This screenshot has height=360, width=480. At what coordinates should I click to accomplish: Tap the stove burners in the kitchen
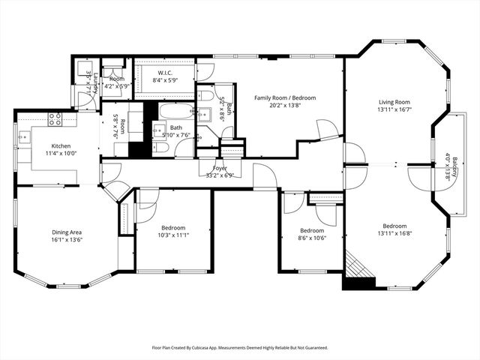[x=55, y=118]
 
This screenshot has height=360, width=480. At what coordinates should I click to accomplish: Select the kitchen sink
[x=23, y=136]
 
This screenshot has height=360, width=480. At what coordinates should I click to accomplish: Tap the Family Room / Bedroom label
[x=284, y=97]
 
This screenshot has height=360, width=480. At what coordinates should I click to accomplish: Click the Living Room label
[x=394, y=102]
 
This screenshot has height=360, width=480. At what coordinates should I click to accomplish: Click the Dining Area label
[x=66, y=232]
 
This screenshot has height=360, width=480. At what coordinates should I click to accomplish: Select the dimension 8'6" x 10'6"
[x=311, y=238]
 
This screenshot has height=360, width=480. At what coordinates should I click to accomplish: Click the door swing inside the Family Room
[x=328, y=129]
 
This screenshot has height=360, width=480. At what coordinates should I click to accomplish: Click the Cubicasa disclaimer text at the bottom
[x=239, y=348]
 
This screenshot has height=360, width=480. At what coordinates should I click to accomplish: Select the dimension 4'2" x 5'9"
[x=116, y=86]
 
